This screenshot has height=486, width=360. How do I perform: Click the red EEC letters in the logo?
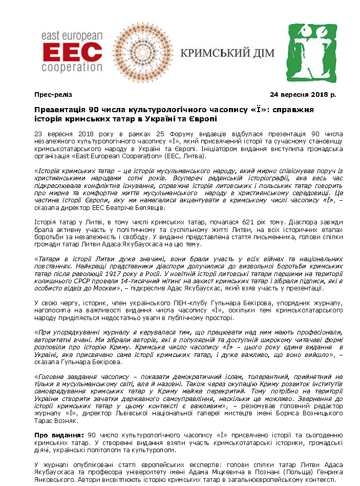coord(72,51)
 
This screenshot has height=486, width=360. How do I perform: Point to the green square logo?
coord(312,53)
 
